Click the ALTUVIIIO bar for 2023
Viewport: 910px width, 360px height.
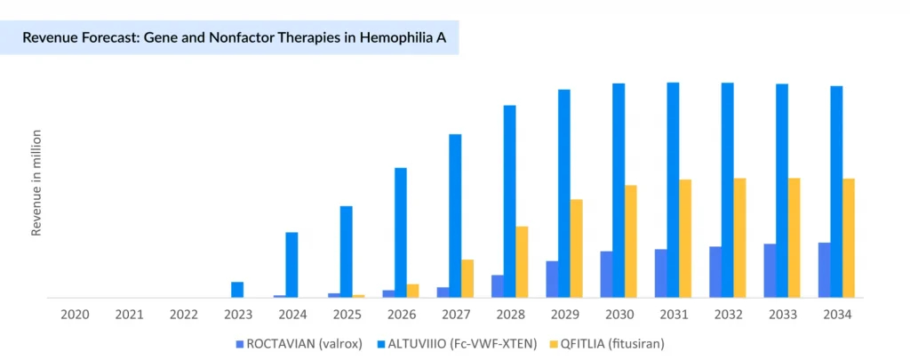click(237, 290)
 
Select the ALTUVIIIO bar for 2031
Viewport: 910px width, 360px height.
click(674, 190)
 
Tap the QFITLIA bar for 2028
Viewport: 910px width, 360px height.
click(523, 262)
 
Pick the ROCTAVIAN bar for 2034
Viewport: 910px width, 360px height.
click(825, 270)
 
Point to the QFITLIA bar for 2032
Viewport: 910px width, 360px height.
click(739, 238)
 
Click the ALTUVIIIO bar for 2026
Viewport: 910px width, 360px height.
click(401, 233)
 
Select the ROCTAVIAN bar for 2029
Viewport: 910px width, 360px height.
click(552, 279)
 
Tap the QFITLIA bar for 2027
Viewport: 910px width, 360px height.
click(467, 278)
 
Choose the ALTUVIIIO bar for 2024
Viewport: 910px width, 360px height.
click(291, 265)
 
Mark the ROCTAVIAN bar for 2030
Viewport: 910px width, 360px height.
click(606, 275)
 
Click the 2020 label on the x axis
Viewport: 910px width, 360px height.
click(75, 314)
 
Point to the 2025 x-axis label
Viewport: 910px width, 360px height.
click(347, 314)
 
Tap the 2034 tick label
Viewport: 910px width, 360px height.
click(837, 314)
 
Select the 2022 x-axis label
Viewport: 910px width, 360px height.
click(183, 314)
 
